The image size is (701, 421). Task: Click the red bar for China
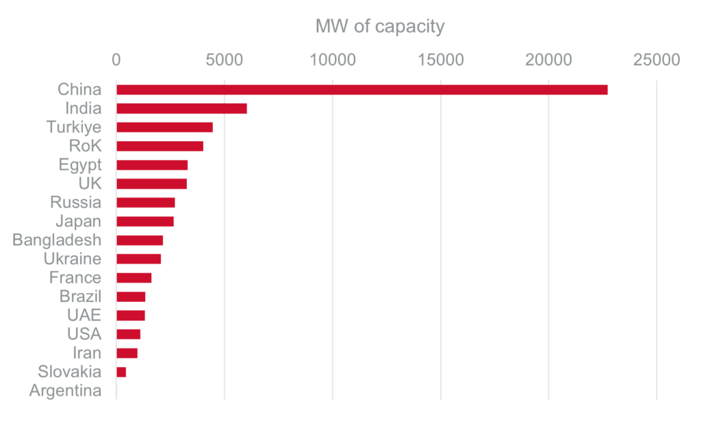click(x=362, y=90)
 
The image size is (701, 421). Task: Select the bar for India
click(x=182, y=108)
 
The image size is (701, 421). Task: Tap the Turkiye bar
click(x=165, y=127)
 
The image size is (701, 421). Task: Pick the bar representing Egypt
click(x=152, y=165)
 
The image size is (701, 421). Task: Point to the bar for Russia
click(x=146, y=203)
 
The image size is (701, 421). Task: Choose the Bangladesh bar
click(x=140, y=240)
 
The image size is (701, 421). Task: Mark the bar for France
click(x=134, y=278)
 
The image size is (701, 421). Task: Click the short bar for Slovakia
click(x=122, y=372)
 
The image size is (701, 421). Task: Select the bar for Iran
click(x=127, y=353)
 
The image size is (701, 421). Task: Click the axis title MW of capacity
click(x=380, y=27)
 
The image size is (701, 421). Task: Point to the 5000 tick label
click(x=224, y=60)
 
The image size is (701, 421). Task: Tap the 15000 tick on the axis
click(x=440, y=60)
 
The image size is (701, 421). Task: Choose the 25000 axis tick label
click(x=657, y=60)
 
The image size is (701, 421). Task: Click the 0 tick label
click(x=116, y=60)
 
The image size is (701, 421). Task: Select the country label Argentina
click(x=66, y=392)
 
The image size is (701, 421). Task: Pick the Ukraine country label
click(x=73, y=259)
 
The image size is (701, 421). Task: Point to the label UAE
click(x=84, y=316)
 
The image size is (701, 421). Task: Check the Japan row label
click(x=79, y=222)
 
